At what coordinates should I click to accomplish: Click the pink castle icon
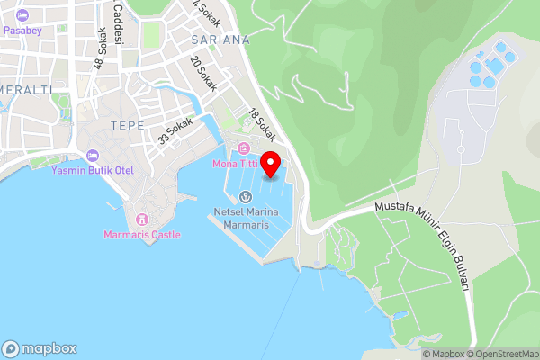[141, 220]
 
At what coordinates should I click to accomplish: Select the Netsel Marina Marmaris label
[246, 217]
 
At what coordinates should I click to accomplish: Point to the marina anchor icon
[245, 197]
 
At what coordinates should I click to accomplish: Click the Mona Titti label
[236, 164]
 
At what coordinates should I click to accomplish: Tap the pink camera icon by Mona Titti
[242, 148]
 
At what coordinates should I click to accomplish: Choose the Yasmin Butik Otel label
[91, 170]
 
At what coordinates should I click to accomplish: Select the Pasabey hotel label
[22, 30]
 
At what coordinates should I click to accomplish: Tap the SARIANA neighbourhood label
[220, 40]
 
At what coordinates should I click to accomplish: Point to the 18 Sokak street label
[262, 126]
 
